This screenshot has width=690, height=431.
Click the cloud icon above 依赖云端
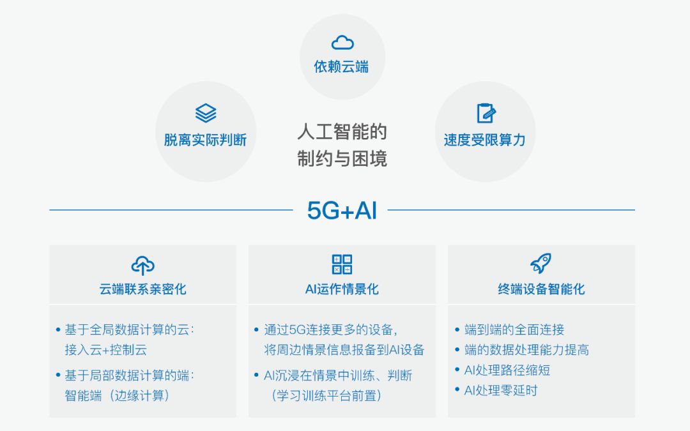click(x=342, y=42)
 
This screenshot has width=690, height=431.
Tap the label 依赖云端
click(x=341, y=67)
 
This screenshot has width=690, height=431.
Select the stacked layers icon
click(x=206, y=113)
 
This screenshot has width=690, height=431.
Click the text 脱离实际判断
click(x=205, y=140)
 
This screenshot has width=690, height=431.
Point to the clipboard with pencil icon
click(x=486, y=113)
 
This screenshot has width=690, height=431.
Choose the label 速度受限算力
click(x=484, y=140)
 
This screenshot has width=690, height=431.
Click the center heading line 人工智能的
click(x=342, y=132)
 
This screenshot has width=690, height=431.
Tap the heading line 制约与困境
click(x=342, y=158)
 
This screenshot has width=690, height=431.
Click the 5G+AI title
click(x=342, y=210)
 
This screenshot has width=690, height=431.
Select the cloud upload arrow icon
click(x=142, y=265)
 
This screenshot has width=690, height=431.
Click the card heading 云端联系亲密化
click(x=142, y=289)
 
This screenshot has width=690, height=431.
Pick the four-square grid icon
click(x=342, y=264)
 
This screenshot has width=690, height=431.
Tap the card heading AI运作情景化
click(x=342, y=289)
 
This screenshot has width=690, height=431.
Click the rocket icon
click(x=541, y=264)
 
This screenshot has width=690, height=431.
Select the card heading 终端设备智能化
click(x=541, y=289)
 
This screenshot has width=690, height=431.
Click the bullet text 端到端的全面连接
click(x=514, y=329)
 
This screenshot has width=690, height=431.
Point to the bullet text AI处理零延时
click(x=501, y=390)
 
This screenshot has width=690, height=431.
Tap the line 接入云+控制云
click(x=105, y=350)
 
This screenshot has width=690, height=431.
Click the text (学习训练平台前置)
click(x=326, y=395)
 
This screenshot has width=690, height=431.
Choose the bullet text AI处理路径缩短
click(x=507, y=370)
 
